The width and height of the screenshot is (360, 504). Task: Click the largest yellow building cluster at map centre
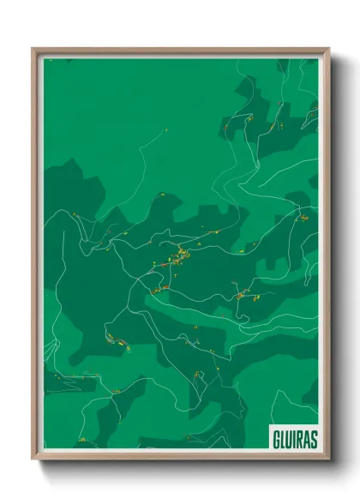tap(182, 255)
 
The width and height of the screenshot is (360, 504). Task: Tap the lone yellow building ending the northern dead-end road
tap(165, 130)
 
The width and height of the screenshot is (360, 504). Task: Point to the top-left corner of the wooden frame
tap(33, 49)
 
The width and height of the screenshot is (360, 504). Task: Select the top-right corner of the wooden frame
tap(329, 49)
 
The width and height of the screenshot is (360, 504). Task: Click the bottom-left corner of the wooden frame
tap(33, 459)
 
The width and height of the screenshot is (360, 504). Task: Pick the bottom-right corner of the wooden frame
tap(329, 459)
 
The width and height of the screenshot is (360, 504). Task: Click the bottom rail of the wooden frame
tap(180, 458)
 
